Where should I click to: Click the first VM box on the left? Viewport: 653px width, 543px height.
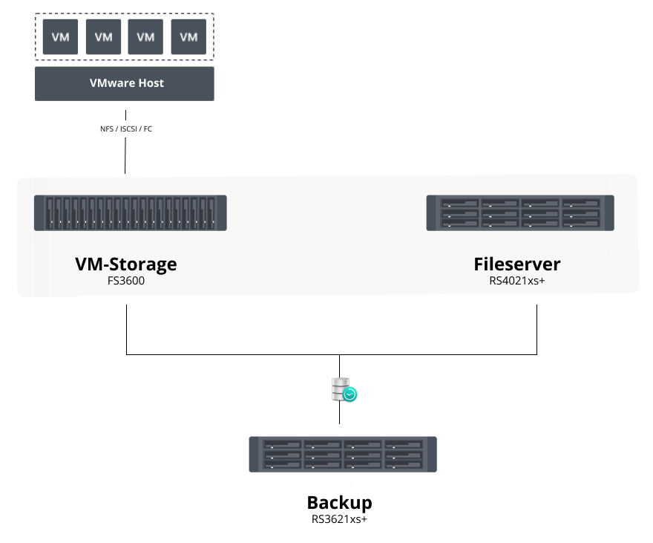(61, 37)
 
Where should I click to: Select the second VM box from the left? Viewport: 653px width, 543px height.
(104, 37)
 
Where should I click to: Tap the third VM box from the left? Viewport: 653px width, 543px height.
(146, 37)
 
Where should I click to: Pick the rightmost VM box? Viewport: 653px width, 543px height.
(188, 37)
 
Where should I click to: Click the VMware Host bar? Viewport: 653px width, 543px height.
(125, 84)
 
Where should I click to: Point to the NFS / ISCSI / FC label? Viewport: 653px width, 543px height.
(125, 129)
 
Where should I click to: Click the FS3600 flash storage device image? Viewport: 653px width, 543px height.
(130, 213)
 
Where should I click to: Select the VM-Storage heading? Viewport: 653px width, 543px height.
(126, 264)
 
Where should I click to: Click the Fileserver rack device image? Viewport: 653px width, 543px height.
(520, 213)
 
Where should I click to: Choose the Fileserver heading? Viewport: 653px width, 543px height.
(517, 264)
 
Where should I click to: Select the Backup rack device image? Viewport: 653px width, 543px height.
(342, 455)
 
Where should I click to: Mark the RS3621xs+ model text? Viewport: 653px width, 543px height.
(340, 519)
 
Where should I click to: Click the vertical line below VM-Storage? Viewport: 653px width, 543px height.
(127, 327)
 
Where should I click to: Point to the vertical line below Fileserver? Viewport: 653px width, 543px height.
(536, 327)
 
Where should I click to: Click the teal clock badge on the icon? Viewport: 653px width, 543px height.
(350, 395)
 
